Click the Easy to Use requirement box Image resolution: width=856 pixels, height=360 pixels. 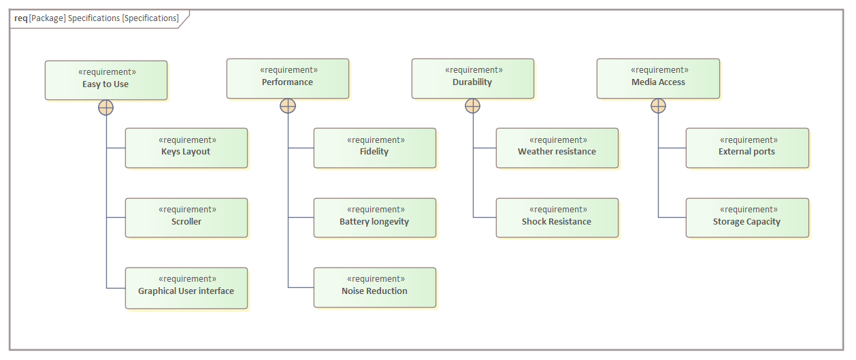[105, 80]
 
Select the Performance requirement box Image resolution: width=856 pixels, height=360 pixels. [287, 78]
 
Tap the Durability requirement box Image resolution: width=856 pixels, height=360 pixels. [472, 78]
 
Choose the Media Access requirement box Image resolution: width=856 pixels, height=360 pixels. [658, 78]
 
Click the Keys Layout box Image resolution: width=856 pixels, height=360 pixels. [186, 148]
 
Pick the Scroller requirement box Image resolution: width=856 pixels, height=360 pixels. [186, 218]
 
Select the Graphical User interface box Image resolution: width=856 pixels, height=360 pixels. [186, 288]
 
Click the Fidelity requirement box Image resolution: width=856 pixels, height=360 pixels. [374, 148]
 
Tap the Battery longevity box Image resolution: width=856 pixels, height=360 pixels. [374, 218]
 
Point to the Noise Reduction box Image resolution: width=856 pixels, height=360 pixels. [374, 287]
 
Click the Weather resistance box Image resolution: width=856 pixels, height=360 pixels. [557, 148]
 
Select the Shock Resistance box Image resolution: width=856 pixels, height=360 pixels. [557, 218]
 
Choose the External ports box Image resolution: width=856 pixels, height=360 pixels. [747, 148]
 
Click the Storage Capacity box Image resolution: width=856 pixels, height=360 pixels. [747, 218]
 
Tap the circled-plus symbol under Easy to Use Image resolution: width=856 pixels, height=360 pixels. [106, 108]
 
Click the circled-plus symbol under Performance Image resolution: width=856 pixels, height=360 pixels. [288, 105]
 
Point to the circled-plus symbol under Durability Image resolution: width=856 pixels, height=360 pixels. [472, 105]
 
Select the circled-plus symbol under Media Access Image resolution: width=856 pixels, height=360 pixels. [658, 105]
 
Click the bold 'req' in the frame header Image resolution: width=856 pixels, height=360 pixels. [20, 18]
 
